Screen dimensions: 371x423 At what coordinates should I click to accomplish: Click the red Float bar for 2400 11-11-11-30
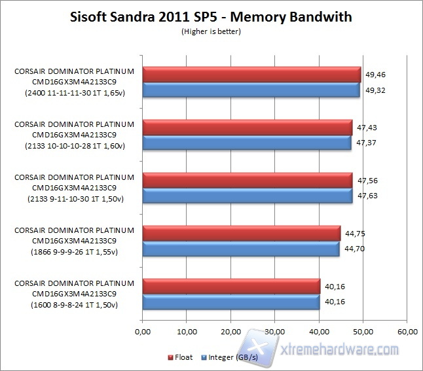[x=251, y=75]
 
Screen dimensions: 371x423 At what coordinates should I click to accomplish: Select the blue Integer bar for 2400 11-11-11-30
[x=251, y=90]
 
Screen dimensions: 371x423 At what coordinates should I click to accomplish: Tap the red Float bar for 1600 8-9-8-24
[x=230, y=286]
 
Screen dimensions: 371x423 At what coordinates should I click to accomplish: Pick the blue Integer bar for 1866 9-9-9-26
[x=240, y=249]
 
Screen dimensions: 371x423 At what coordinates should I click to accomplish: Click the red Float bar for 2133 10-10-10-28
[x=247, y=128]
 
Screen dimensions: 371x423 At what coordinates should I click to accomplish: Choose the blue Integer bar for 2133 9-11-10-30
[x=248, y=196]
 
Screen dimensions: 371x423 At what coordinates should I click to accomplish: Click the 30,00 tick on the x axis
[x=275, y=331]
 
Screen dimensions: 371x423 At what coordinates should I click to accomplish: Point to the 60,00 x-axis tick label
[x=407, y=331]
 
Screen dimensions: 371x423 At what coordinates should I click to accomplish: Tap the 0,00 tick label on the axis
[x=143, y=331]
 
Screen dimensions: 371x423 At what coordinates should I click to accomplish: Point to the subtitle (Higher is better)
[x=211, y=31]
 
